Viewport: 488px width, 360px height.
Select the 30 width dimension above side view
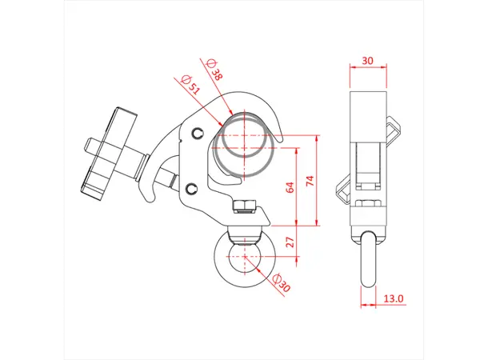click(368, 60)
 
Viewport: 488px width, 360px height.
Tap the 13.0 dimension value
click(394, 299)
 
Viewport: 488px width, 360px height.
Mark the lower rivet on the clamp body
click(192, 188)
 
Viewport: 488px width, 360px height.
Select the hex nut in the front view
click(242, 206)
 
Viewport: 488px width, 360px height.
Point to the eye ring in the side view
click(368, 260)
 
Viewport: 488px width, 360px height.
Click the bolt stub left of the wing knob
click(90, 149)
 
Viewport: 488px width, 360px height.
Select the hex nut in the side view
click(368, 206)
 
